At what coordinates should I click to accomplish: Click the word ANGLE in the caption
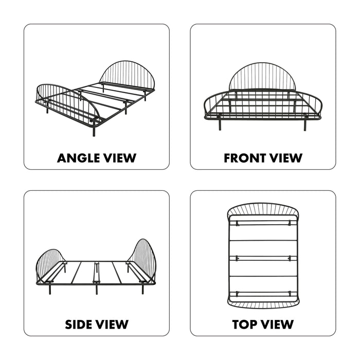pos(78,158)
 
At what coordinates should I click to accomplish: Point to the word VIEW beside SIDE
pos(112,325)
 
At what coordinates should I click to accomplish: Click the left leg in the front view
pos(220,124)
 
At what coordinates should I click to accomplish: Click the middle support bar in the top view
pos(263,259)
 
